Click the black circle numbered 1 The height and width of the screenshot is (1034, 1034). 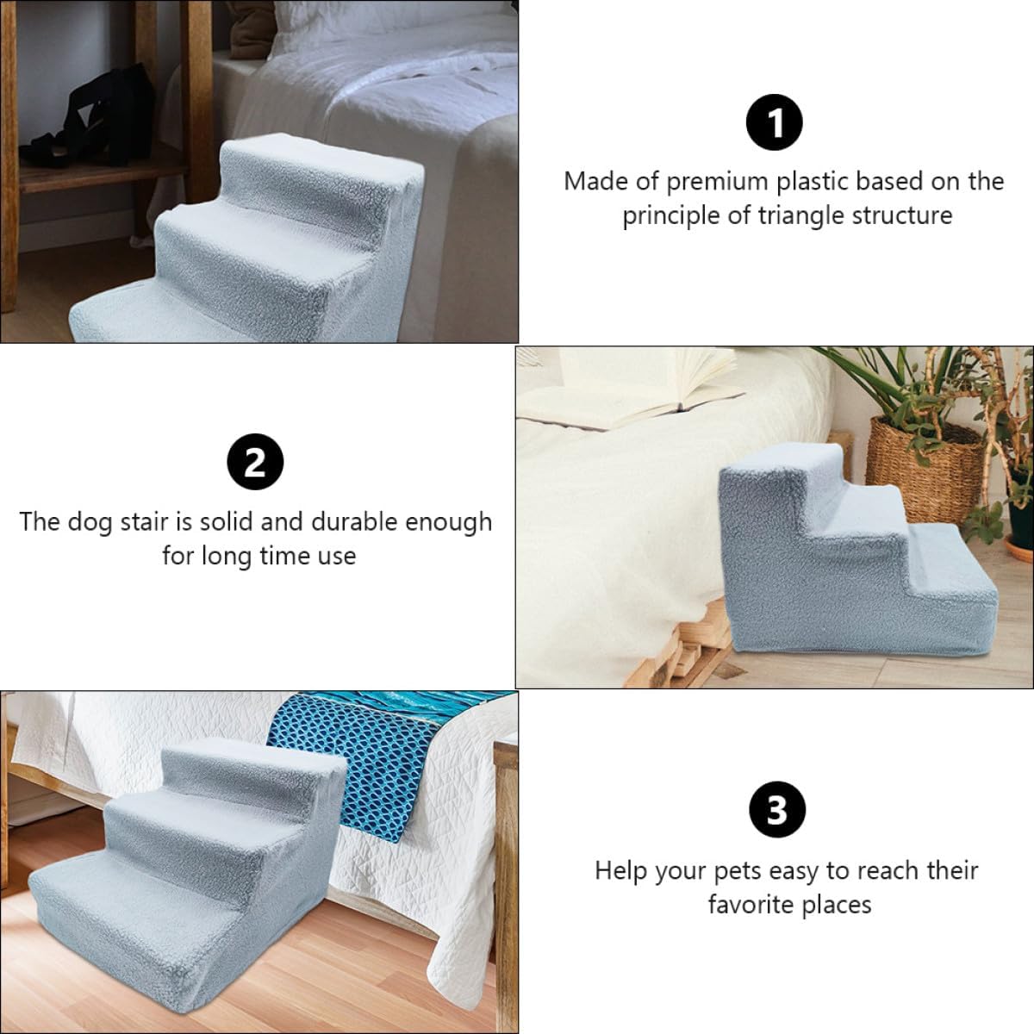[774, 123]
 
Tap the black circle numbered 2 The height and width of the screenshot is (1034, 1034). [255, 464]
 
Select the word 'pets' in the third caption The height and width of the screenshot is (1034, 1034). [737, 871]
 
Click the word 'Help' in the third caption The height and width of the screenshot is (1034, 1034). [621, 871]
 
